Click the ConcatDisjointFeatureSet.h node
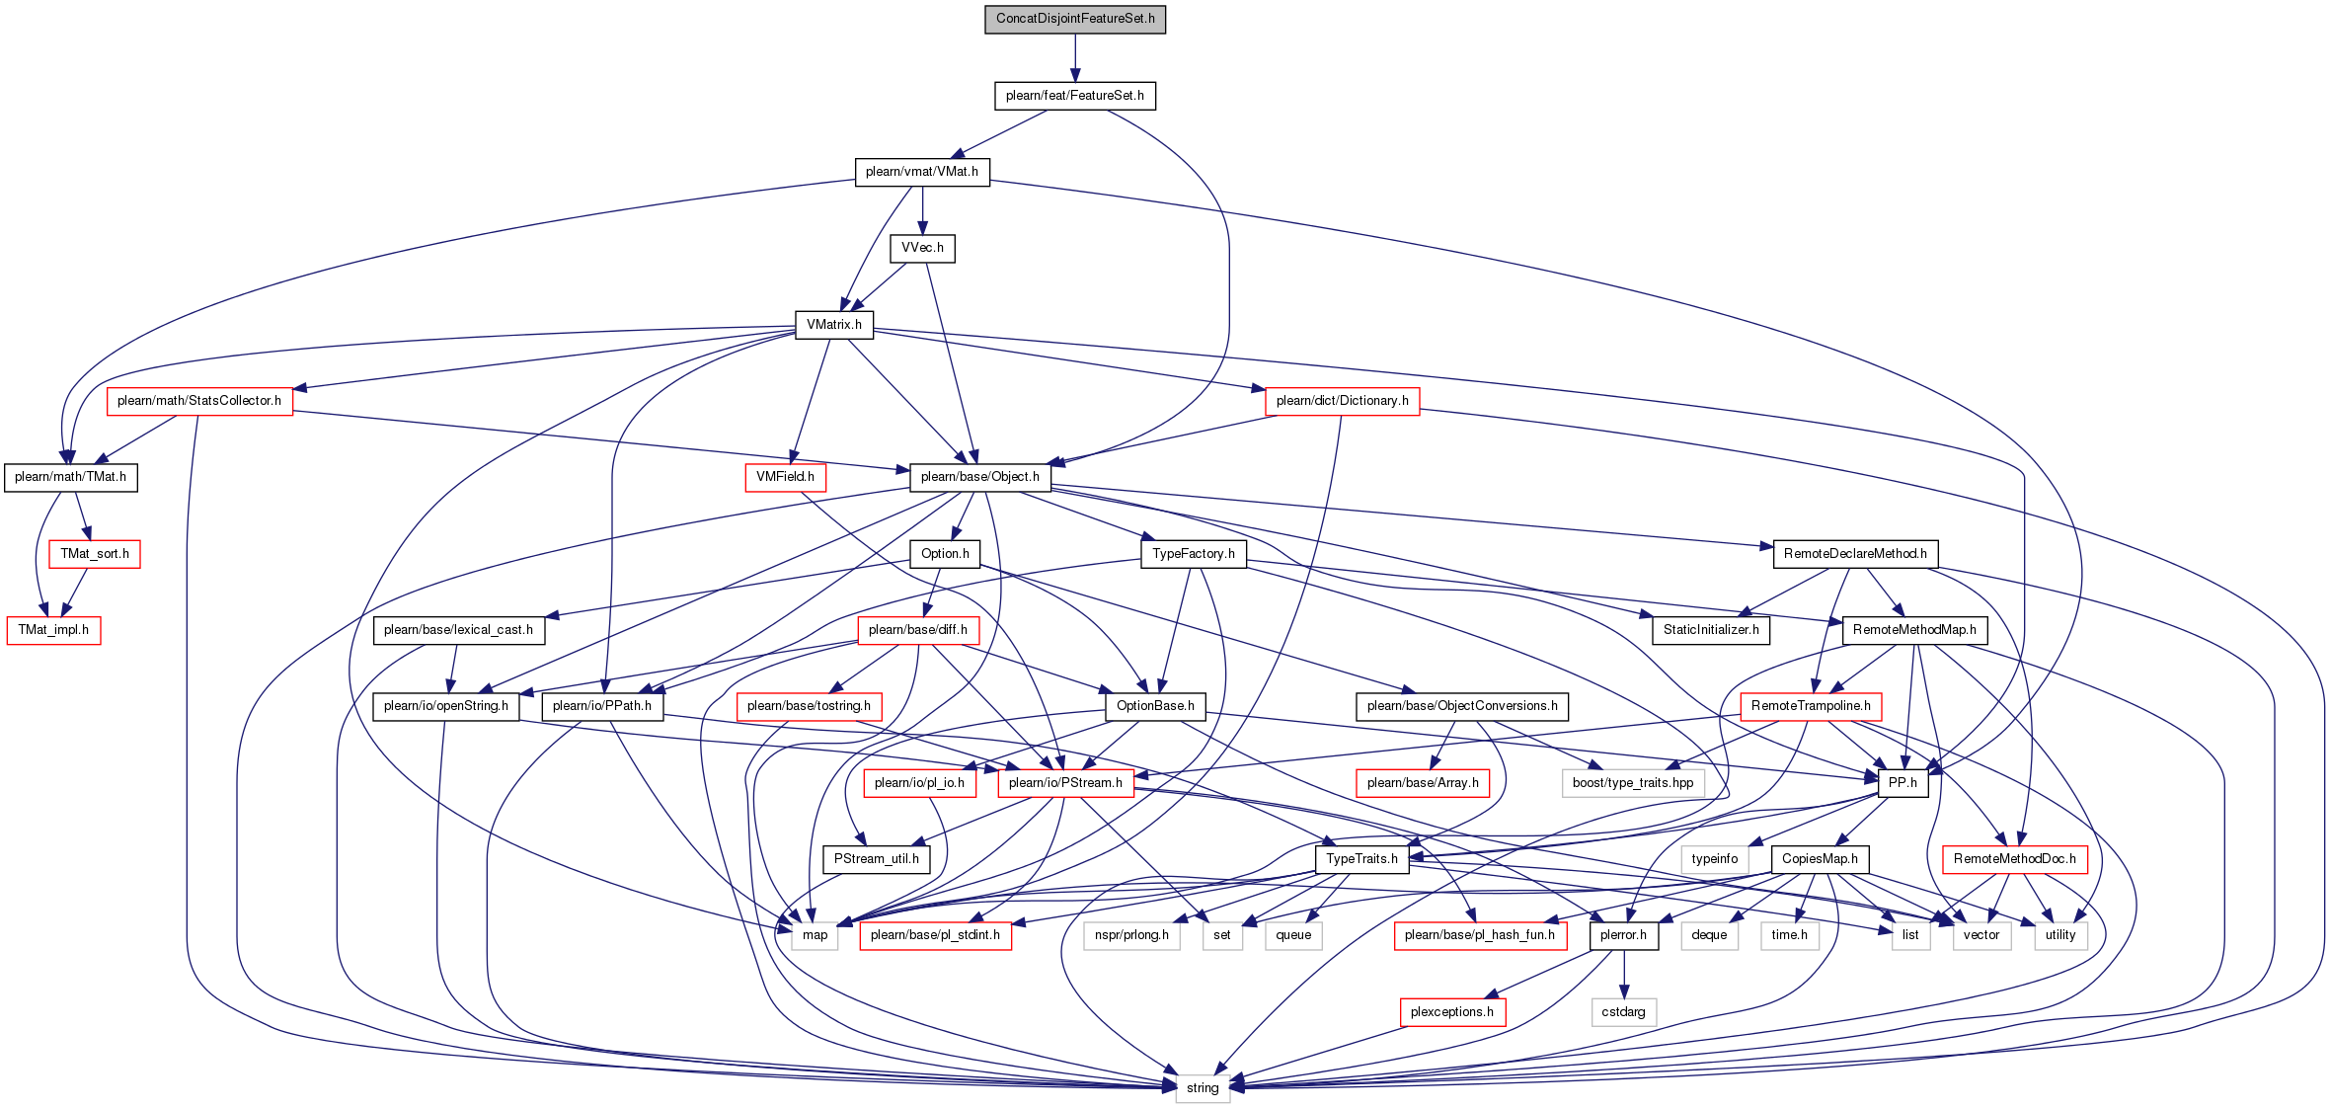pyautogui.click(x=1075, y=19)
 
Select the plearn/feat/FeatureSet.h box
pyautogui.click(x=1075, y=96)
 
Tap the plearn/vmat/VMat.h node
pyautogui.click(x=922, y=172)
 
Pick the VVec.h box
pyautogui.click(x=922, y=248)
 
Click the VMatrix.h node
pyautogui.click(x=834, y=325)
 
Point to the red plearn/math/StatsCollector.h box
pyautogui.click(x=199, y=401)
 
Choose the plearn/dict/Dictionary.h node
pyautogui.click(x=1343, y=401)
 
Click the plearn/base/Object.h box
pyautogui.click(x=980, y=477)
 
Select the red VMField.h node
pyautogui.click(x=786, y=477)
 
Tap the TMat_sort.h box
pyautogui.click(x=95, y=554)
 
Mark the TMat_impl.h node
pyautogui.click(x=53, y=630)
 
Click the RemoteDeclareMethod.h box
pyautogui.click(x=1856, y=554)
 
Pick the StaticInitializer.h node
pyautogui.click(x=1711, y=630)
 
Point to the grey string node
pyautogui.click(x=1203, y=1088)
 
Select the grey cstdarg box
pyautogui.click(x=1624, y=1012)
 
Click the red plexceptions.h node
pyautogui.click(x=1452, y=1012)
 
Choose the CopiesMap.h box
pyautogui.click(x=1821, y=859)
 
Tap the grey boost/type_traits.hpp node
pyautogui.click(x=1633, y=783)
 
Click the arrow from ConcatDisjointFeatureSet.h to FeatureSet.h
pyautogui.click(x=1075, y=57)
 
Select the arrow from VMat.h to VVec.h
pyautogui.click(x=922, y=209)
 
